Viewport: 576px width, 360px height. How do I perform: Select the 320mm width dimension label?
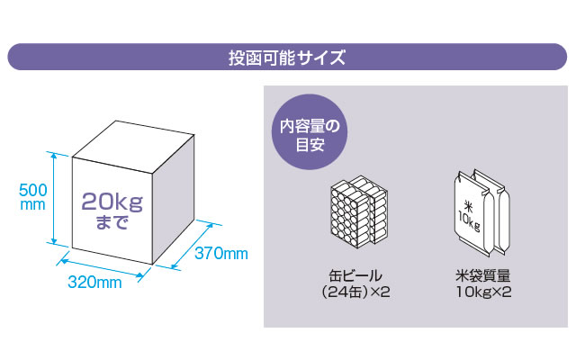click(x=95, y=283)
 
